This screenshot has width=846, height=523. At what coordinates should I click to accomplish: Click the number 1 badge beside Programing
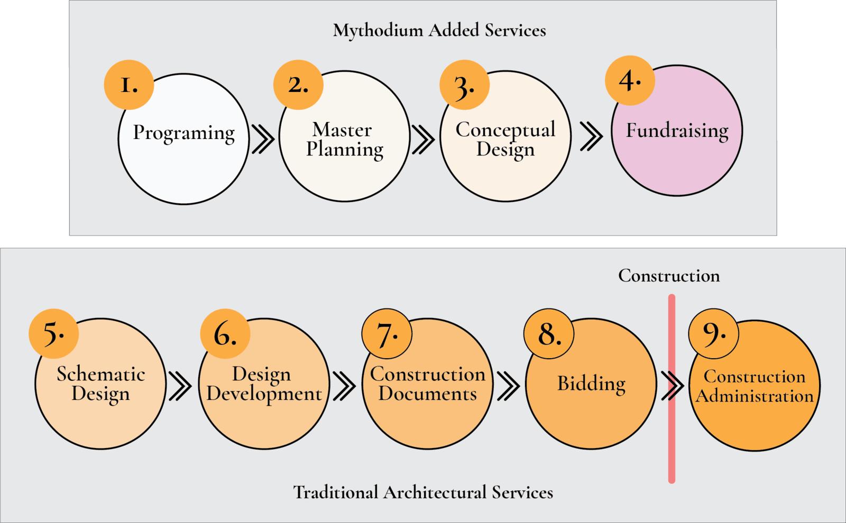128,85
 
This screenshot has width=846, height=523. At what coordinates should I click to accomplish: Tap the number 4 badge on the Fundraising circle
630,80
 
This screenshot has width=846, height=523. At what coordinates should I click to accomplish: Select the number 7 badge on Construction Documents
387,334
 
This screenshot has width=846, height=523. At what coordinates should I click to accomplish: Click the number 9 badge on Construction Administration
713,334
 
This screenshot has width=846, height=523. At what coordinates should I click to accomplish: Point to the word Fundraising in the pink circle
677,130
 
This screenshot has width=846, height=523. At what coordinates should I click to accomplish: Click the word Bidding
591,384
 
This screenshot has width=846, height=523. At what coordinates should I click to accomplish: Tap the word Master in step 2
342,129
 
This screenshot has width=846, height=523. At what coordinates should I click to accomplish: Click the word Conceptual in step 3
505,129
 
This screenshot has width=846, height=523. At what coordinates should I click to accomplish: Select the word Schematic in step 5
100,374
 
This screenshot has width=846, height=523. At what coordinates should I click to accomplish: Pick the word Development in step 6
264,394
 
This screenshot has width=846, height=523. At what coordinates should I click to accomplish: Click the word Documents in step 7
427,394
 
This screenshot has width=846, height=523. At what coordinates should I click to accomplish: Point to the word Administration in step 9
755,396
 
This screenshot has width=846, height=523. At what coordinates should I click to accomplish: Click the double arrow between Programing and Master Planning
263,139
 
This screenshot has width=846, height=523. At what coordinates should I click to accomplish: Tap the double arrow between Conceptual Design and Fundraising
591,136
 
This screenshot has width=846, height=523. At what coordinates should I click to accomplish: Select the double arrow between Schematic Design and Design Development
180,386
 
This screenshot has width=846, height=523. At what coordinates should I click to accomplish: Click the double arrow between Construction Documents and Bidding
508,386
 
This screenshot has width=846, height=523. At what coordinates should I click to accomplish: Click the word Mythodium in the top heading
378,30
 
